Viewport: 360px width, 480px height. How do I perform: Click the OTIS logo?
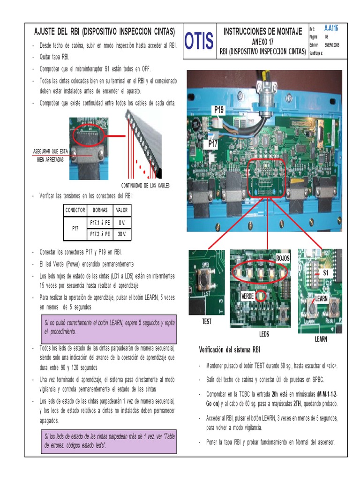point(199,41)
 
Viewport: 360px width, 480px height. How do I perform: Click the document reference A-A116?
point(330,29)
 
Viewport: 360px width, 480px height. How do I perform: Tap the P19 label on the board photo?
point(219,110)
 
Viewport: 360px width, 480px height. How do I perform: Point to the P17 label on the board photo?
point(213,145)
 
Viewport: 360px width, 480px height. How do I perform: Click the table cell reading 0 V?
point(122,222)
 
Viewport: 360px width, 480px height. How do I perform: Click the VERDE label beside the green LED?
point(247,296)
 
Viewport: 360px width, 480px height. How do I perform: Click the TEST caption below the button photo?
point(207,322)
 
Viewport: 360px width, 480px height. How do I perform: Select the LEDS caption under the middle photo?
point(264,335)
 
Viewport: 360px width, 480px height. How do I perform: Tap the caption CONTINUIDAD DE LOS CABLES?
point(145,185)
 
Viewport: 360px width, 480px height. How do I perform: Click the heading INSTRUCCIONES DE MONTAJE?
point(262,31)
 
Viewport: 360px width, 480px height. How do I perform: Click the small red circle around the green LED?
point(261,296)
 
